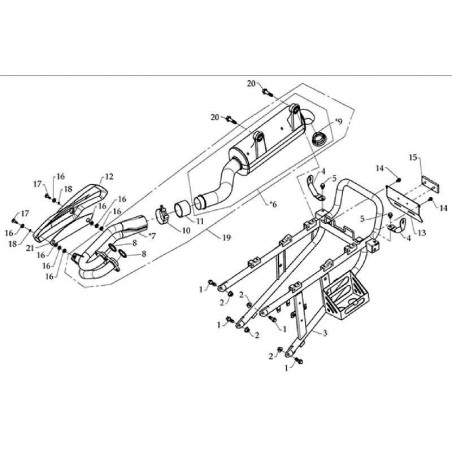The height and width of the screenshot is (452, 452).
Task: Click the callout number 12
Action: coord(109,177)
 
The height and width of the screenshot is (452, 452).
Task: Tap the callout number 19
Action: coord(226,237)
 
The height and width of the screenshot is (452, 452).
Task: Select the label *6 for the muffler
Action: coord(273,204)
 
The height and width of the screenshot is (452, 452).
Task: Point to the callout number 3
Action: coord(325,333)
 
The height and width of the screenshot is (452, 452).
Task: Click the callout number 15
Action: coord(413,157)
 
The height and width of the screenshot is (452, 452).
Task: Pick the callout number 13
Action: coord(422,232)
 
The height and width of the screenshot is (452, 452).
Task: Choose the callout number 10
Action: coord(186,230)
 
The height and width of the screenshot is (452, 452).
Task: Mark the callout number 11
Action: coord(199,221)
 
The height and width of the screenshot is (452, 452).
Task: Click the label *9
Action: coord(338,121)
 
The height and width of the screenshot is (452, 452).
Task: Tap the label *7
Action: coord(152,236)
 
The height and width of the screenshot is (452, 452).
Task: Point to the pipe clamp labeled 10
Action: coord(163,215)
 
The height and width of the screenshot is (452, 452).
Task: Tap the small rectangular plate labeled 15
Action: coord(430,185)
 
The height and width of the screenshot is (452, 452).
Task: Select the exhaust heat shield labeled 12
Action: coord(72,212)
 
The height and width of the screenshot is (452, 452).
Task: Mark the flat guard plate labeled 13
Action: coord(404,202)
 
